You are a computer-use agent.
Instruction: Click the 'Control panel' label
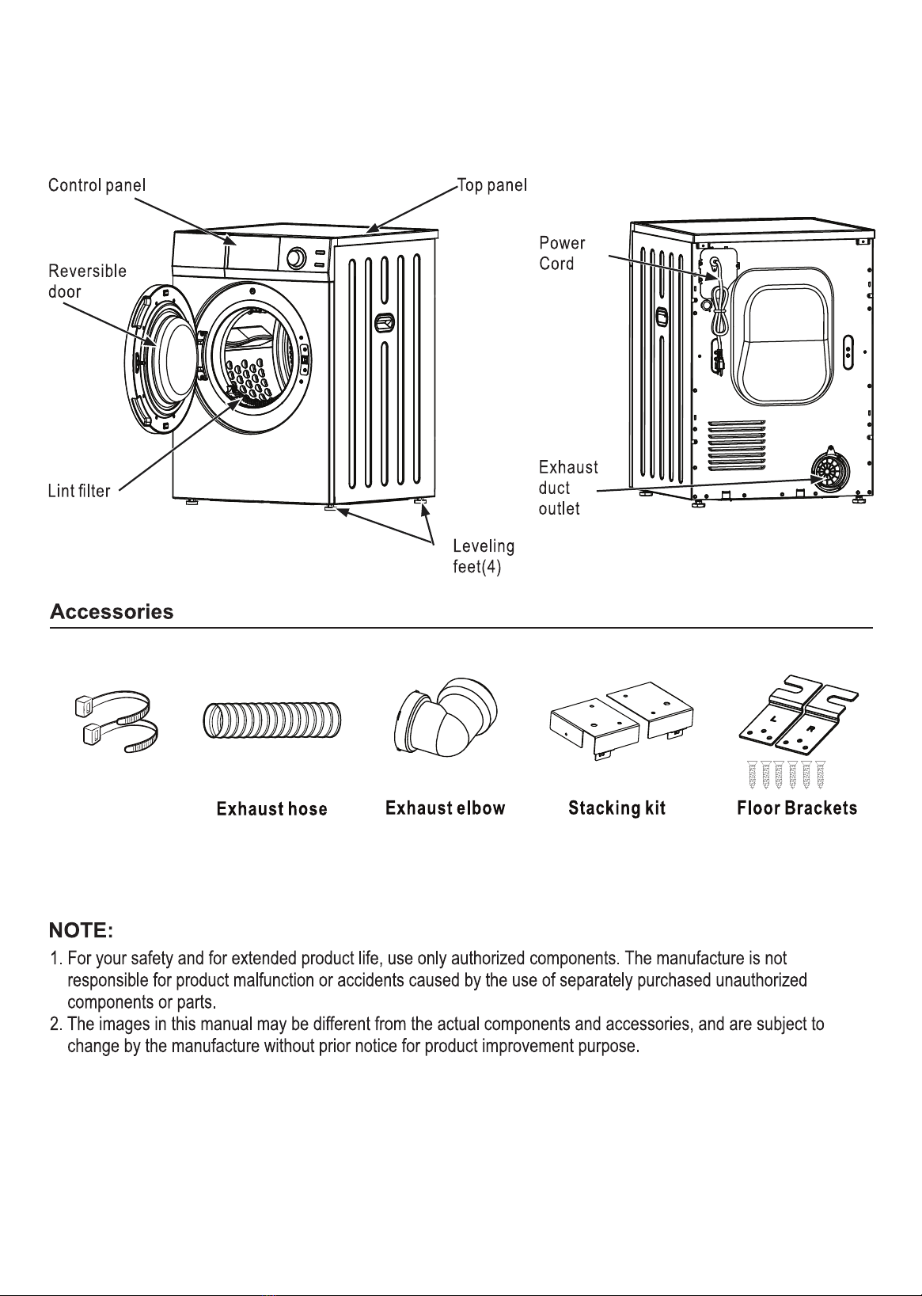(x=97, y=185)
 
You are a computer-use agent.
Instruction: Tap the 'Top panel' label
(x=492, y=185)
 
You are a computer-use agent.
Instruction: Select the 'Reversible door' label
(x=87, y=281)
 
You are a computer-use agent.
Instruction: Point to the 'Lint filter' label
(x=79, y=491)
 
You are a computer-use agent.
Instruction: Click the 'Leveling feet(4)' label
(x=484, y=556)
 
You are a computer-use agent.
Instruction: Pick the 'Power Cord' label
(x=562, y=253)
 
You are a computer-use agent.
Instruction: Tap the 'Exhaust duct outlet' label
(x=568, y=488)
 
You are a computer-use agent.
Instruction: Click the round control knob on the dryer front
(x=297, y=258)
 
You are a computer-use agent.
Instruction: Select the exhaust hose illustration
(x=272, y=721)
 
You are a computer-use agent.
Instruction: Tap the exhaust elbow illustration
(x=446, y=717)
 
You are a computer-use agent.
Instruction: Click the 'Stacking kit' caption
(x=617, y=808)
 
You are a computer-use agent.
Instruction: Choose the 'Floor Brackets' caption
(x=797, y=808)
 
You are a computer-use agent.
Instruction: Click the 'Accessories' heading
(x=112, y=612)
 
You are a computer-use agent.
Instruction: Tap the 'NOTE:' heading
(x=81, y=930)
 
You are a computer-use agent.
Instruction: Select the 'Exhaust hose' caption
(x=272, y=809)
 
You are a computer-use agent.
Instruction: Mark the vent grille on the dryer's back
(x=737, y=445)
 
